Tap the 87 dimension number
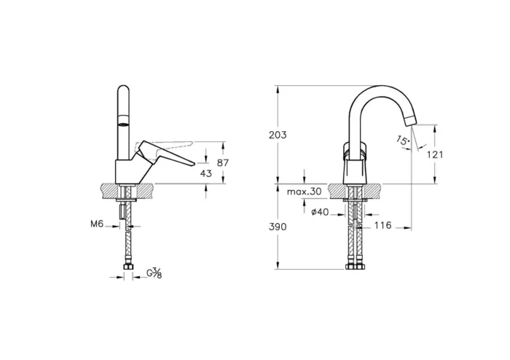tap(224, 163)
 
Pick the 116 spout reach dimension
tap(382, 226)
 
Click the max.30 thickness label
tap(305, 192)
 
